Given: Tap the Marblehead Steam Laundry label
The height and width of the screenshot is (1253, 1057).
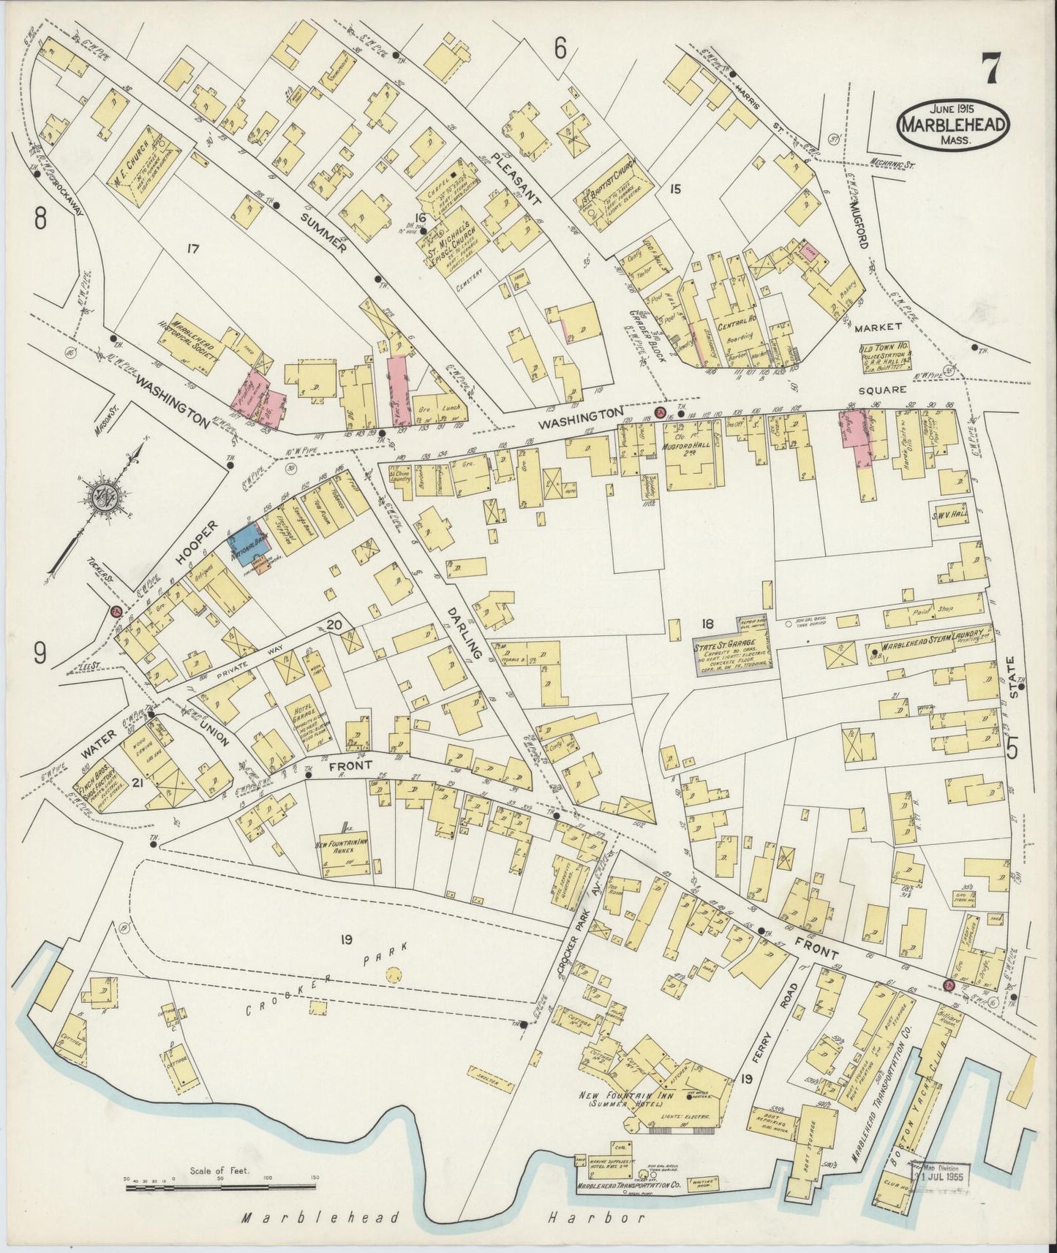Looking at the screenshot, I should pos(929,649).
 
